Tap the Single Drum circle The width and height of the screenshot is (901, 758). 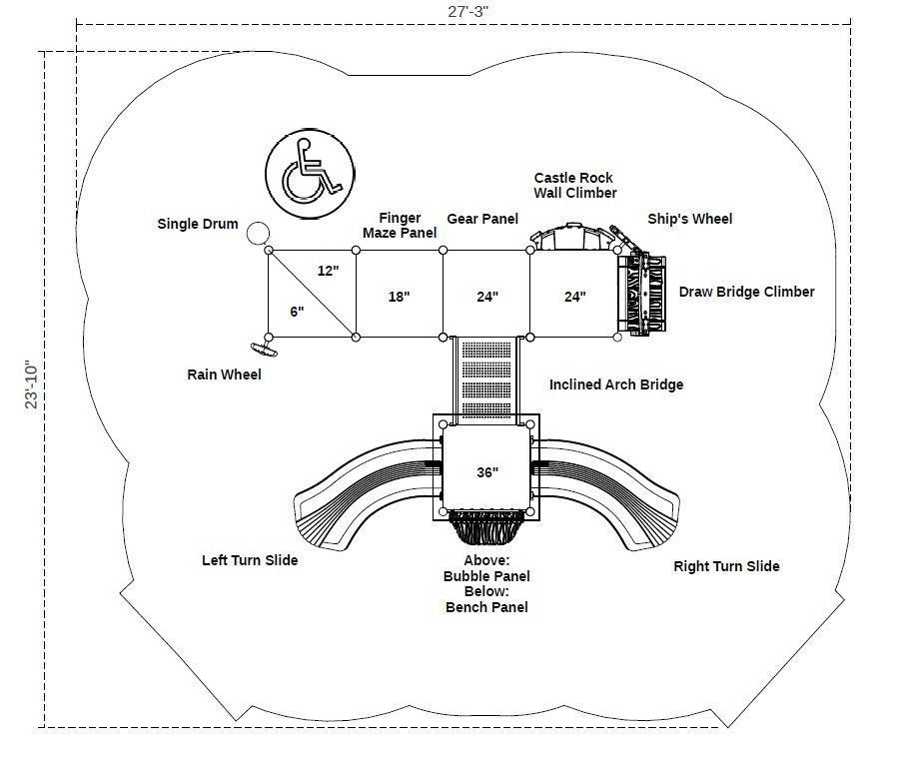pyautogui.click(x=258, y=234)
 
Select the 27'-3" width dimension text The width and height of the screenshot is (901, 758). pyautogui.click(x=466, y=11)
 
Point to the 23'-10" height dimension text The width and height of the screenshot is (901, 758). pyautogui.click(x=33, y=385)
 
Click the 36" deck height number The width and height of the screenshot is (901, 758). pyautogui.click(x=486, y=472)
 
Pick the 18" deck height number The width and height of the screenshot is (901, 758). pyautogui.click(x=400, y=296)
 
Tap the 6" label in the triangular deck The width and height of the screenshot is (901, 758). pyautogui.click(x=297, y=312)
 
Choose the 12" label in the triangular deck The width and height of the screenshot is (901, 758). pyautogui.click(x=329, y=271)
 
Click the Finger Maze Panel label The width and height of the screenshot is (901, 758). pyautogui.click(x=400, y=225)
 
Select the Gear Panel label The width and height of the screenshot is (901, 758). pyautogui.click(x=482, y=218)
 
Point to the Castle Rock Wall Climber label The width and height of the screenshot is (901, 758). pyautogui.click(x=575, y=185)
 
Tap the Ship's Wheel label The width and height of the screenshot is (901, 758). pyautogui.click(x=690, y=219)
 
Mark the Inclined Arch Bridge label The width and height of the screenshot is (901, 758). pyautogui.click(x=616, y=384)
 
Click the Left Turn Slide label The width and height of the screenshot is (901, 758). pyautogui.click(x=250, y=560)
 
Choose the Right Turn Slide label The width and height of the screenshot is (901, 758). pyautogui.click(x=726, y=566)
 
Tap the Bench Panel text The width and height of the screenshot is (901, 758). pyautogui.click(x=486, y=607)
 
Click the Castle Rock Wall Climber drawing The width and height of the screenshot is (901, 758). pyautogui.click(x=571, y=238)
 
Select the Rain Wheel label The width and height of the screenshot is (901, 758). pyautogui.click(x=225, y=375)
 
